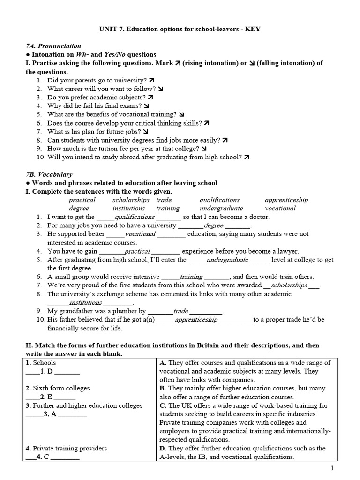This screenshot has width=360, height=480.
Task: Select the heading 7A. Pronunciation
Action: coord(53,46)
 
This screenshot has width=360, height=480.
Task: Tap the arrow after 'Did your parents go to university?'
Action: coord(151,80)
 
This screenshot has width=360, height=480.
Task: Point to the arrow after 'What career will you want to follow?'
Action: coord(161,89)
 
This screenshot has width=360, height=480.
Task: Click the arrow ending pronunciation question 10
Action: coord(247,157)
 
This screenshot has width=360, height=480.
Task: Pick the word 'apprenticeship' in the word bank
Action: coord(286,200)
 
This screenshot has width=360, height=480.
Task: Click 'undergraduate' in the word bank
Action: coord(221,208)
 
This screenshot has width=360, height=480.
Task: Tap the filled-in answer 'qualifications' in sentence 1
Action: coord(135,217)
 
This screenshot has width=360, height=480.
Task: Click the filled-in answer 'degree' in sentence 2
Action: coord(214,225)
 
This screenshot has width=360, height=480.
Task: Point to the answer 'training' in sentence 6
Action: coord(191,277)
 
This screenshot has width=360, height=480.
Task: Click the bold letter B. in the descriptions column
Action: coord(163,389)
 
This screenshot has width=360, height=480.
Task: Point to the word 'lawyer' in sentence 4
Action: coord(286,251)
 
